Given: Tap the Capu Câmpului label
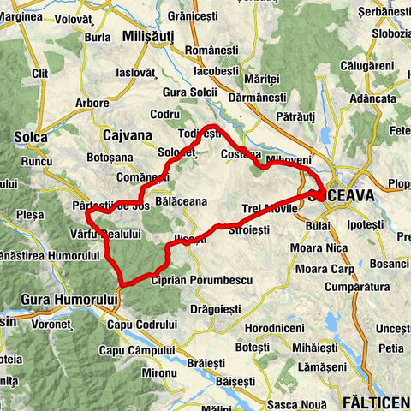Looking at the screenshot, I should [136, 350].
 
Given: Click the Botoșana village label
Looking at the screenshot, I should [111, 158].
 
